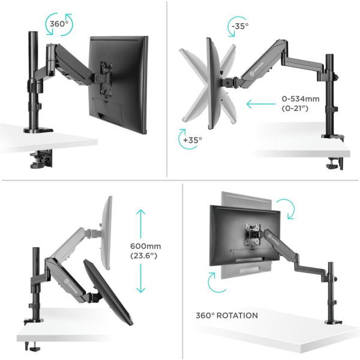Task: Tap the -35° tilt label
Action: (238, 26)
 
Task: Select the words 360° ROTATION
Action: (226, 316)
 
